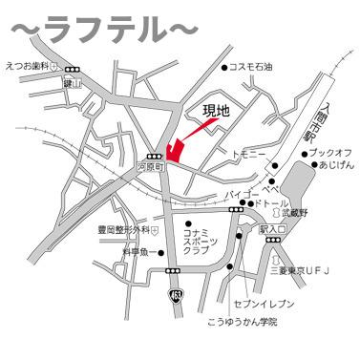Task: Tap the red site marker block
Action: click(x=173, y=151)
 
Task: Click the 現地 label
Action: click(x=217, y=112)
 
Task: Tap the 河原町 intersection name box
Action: click(x=153, y=166)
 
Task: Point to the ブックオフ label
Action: click(x=331, y=152)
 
